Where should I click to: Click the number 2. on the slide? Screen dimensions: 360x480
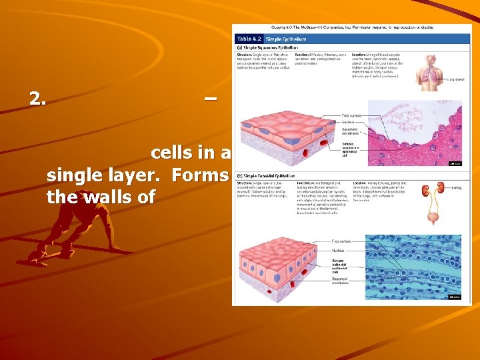click(38, 99)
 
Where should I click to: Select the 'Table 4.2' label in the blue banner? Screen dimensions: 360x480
click(250, 40)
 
